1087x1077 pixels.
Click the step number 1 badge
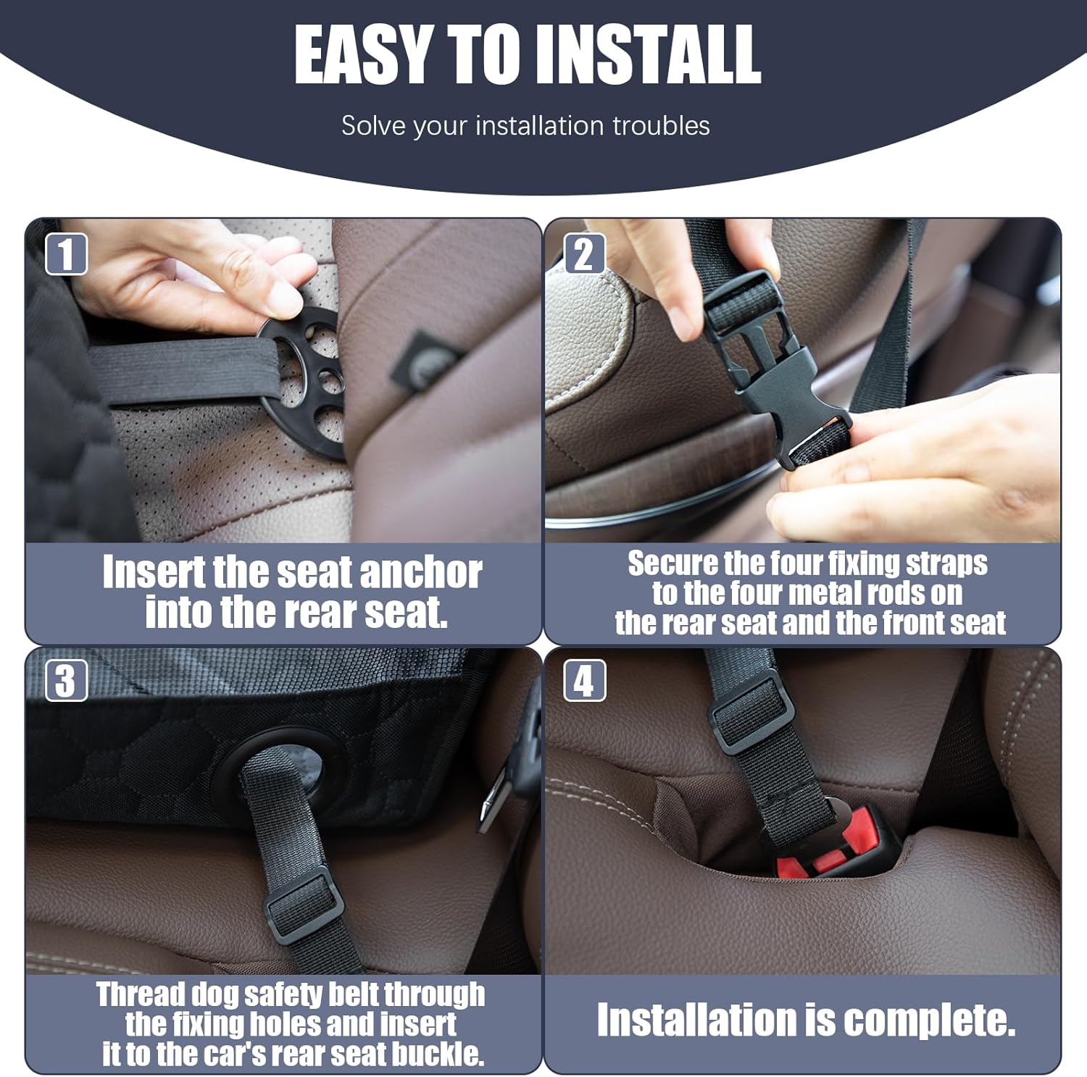66,254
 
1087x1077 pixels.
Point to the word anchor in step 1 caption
421,573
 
